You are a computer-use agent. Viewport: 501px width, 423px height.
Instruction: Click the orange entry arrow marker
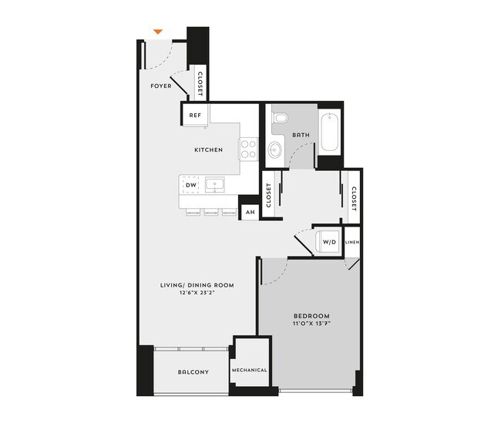click(x=157, y=32)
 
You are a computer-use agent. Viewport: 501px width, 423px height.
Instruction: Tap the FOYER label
click(x=161, y=86)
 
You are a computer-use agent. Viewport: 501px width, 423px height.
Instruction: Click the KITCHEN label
click(x=208, y=149)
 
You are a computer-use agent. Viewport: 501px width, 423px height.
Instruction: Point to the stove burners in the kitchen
click(x=248, y=148)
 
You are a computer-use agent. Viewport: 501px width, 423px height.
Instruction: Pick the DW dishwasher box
click(x=190, y=185)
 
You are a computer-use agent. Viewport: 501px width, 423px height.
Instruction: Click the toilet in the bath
click(x=279, y=119)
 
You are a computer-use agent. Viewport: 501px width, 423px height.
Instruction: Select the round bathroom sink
click(x=276, y=149)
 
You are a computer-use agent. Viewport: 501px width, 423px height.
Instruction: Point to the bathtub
click(x=329, y=132)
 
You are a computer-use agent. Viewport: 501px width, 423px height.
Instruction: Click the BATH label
click(x=301, y=136)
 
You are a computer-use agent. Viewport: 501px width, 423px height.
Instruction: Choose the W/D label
click(x=329, y=241)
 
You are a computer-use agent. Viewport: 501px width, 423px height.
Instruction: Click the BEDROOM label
click(x=311, y=316)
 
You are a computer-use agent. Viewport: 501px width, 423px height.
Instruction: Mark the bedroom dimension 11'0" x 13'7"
click(x=311, y=325)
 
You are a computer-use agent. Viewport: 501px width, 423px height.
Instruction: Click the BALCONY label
click(x=193, y=372)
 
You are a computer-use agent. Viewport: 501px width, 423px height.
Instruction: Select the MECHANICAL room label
click(x=250, y=371)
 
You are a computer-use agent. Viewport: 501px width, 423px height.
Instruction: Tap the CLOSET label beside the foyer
click(x=200, y=84)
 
